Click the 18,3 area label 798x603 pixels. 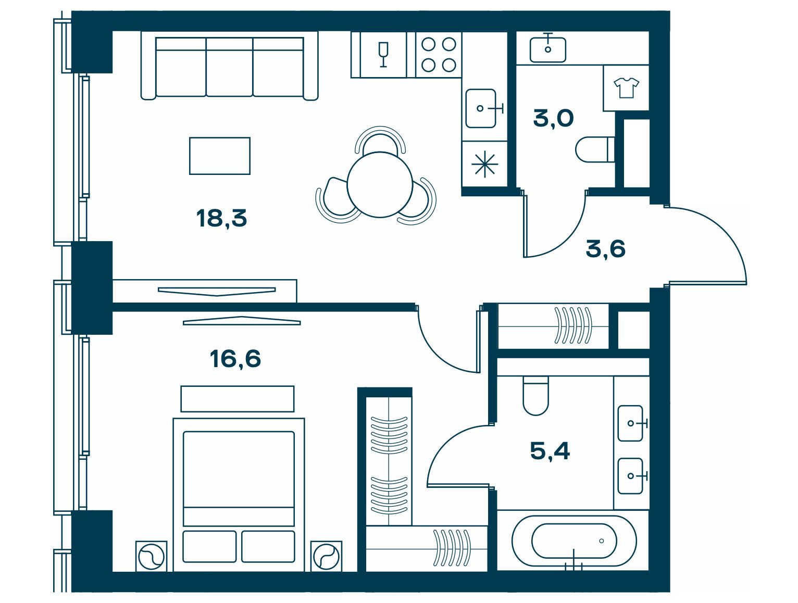coord(221,219)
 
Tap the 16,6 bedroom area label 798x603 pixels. coord(235,359)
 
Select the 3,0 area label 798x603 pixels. coord(553,119)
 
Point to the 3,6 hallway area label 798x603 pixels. coord(605,249)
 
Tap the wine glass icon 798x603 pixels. coord(383,55)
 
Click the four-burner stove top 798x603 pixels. coord(439,55)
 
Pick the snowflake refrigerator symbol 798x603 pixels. coord(484,165)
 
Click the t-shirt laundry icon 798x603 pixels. coord(626,87)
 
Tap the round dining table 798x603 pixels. coord(380,185)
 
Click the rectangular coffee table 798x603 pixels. coord(220,156)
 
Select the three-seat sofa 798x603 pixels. coord(229,66)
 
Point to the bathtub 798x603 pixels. coord(574,541)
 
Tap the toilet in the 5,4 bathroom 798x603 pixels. coord(535,396)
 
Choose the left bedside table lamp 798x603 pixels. coord(152,557)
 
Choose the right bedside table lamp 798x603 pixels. coord(326,557)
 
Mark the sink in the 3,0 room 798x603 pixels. coord(548,49)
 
